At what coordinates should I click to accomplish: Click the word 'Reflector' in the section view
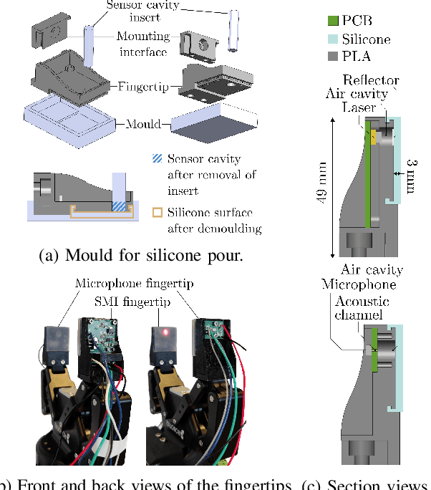pyautogui.click(x=370, y=80)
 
